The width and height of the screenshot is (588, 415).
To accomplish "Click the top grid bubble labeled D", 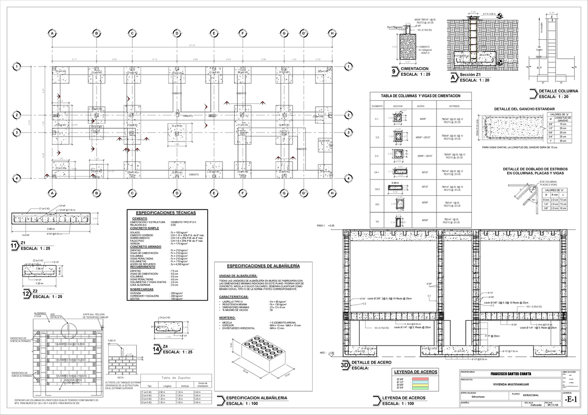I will click(x=175, y=33).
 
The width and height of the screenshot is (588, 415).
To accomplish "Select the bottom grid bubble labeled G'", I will click(x=304, y=193).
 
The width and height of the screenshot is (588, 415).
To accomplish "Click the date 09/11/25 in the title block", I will click(x=551, y=405).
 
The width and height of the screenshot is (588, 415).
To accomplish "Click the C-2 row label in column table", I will click(x=377, y=138).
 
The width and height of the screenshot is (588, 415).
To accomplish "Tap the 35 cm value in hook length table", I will click(x=563, y=140).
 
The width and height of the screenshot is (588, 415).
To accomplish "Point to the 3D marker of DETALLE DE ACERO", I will click(x=344, y=365).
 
